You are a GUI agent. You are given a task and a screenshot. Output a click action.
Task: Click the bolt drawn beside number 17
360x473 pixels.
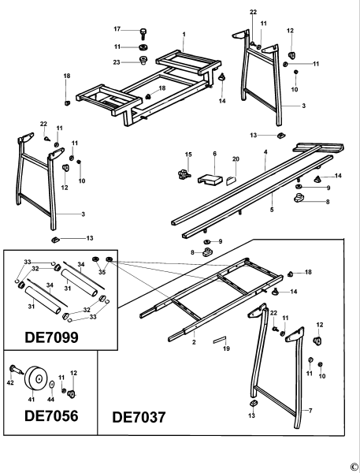(x=143, y=33)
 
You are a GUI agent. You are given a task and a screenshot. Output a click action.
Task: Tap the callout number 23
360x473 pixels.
(x=117, y=62)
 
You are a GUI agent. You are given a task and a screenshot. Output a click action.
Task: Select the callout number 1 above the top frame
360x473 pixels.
(x=183, y=34)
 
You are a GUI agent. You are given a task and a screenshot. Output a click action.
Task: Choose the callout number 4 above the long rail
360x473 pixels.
(x=265, y=151)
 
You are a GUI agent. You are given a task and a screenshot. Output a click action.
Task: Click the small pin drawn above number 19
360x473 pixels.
(x=219, y=339)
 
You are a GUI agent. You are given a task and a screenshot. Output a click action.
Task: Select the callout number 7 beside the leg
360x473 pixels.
(x=312, y=412)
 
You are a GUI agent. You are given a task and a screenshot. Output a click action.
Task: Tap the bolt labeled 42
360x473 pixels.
(x=15, y=368)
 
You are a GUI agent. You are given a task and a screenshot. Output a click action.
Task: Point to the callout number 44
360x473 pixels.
(x=50, y=400)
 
